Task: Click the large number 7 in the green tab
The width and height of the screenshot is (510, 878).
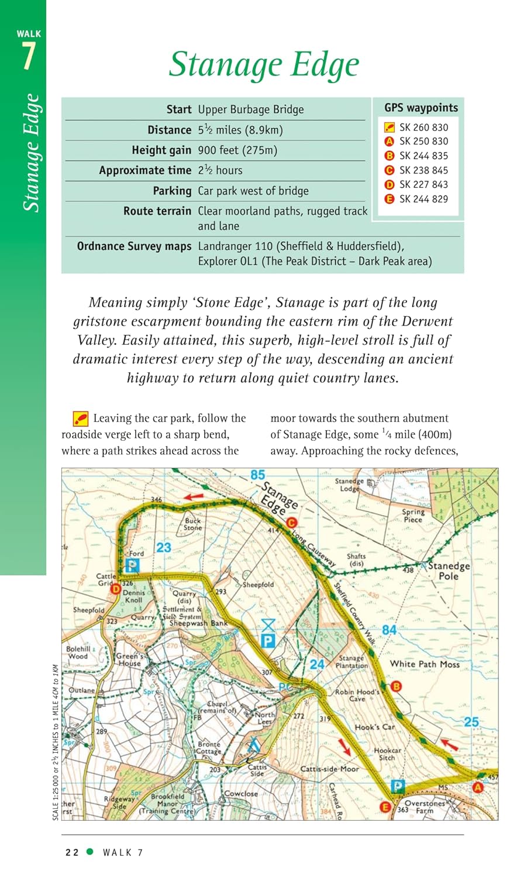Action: [x=29, y=57]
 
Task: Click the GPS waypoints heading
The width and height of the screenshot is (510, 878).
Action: [x=421, y=108]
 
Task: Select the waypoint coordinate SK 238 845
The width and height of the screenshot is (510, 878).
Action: [x=423, y=170]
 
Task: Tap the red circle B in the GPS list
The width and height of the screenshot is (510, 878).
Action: [x=389, y=156]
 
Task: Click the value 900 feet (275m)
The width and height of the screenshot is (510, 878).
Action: [x=237, y=150]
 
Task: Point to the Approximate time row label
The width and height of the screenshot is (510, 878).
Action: [x=145, y=170]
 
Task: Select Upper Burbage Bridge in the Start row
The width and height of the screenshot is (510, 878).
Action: [x=251, y=109]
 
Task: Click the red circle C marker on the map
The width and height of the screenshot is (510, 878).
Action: [x=291, y=523]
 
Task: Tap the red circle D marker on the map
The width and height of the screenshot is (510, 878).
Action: [x=116, y=589]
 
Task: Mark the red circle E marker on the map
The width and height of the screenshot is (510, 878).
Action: [x=385, y=807]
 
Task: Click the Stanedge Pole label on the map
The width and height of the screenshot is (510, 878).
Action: [x=449, y=571]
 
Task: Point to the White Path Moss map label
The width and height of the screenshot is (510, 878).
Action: [x=425, y=664]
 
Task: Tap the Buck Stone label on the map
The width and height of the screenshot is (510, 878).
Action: [x=192, y=524]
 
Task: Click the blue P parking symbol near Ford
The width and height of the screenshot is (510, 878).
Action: [x=133, y=565]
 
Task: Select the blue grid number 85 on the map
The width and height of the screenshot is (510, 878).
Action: [x=257, y=475]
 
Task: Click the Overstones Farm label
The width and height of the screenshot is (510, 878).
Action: [x=425, y=807]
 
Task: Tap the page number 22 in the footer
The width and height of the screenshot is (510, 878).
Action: [x=72, y=853]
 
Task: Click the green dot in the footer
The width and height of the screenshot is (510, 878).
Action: [x=89, y=852]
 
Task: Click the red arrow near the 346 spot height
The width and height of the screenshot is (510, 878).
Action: [x=194, y=496]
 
